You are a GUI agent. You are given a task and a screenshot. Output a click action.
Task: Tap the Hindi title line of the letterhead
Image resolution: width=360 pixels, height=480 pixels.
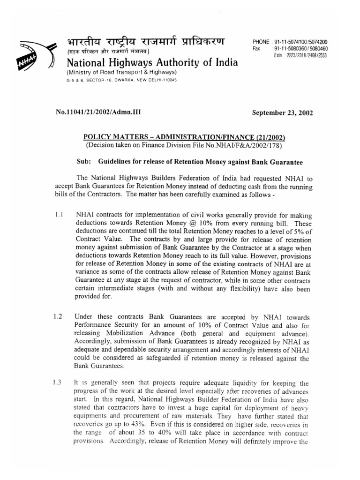point(145,43)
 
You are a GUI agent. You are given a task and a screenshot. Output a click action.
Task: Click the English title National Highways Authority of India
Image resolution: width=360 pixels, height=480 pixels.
point(151,63)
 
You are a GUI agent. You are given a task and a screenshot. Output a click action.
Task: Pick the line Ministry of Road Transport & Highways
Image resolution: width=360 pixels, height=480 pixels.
point(121,72)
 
